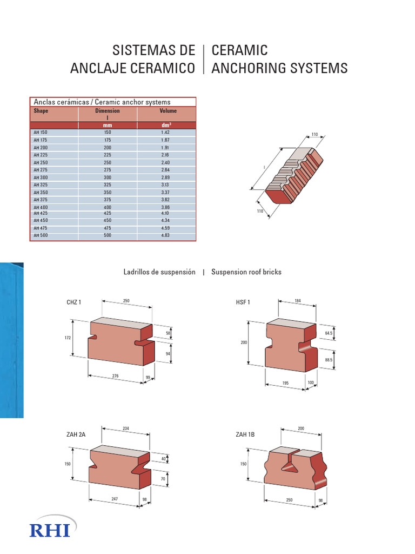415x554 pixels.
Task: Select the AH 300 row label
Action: click(41, 177)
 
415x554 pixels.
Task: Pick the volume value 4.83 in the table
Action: click(165, 235)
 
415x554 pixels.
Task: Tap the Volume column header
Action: click(168, 111)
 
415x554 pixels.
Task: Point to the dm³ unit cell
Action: click(165, 125)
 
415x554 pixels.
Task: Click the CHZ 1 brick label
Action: click(73, 302)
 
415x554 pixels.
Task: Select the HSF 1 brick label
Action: click(243, 302)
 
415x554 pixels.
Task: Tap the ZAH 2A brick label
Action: click(76, 434)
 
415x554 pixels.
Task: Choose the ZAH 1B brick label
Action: click(245, 434)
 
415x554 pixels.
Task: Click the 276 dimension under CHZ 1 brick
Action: click(115, 375)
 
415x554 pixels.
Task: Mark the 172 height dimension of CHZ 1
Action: click(68, 338)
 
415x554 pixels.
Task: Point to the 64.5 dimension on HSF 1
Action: click(329, 333)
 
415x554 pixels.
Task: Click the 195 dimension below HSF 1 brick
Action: click(286, 382)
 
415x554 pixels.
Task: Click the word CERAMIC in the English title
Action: click(239, 51)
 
